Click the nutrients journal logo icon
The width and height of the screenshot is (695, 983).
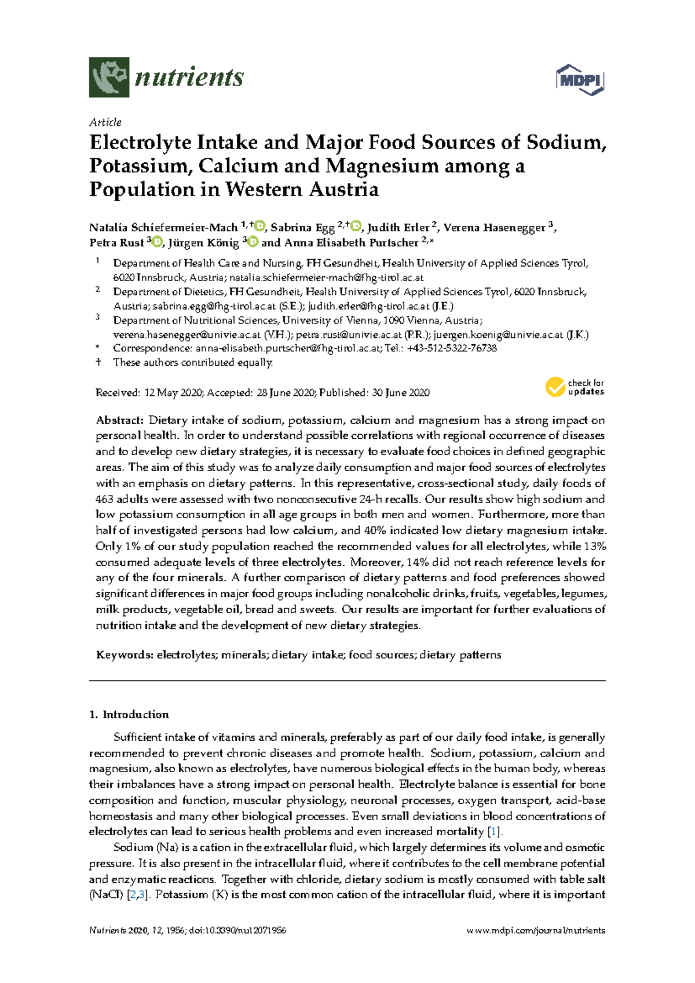click(x=109, y=77)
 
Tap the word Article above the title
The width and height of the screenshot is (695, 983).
click(x=105, y=122)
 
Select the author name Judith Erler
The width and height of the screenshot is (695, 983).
click(x=398, y=228)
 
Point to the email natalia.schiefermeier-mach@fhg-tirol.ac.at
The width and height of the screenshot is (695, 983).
click(x=327, y=278)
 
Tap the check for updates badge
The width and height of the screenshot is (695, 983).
click(x=574, y=387)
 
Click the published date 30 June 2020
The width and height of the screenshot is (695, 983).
click(x=400, y=393)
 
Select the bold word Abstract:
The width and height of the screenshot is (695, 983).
click(x=119, y=420)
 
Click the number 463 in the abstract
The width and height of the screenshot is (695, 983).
click(x=104, y=499)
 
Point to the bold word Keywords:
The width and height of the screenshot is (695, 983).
click(x=125, y=655)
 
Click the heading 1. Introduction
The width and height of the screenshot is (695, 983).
click(x=129, y=715)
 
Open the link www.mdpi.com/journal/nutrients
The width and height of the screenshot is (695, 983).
click(x=536, y=931)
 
